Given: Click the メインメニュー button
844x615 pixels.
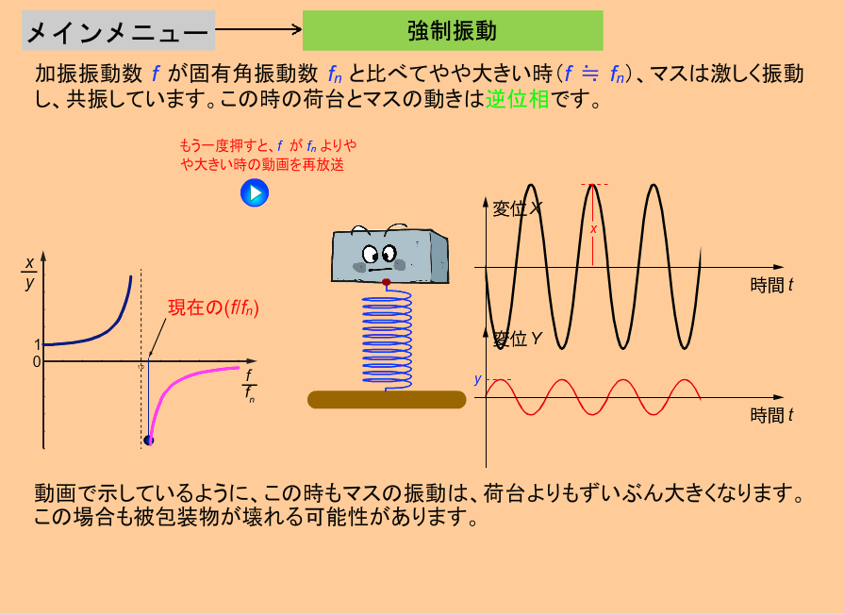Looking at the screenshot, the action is (x=118, y=31).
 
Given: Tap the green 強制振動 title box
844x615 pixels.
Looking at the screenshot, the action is (x=453, y=31).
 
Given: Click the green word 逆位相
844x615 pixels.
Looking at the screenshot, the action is (x=518, y=99).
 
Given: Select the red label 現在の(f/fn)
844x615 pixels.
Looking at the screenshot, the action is (x=213, y=307).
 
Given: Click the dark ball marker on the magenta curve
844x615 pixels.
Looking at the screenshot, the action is (x=149, y=440).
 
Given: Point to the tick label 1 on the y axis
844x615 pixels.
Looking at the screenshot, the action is (x=37, y=344).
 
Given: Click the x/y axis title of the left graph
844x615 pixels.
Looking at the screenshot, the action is (x=29, y=273).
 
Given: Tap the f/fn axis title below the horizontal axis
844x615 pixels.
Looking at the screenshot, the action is (x=249, y=386).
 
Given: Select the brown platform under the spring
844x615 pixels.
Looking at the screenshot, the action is (x=387, y=400).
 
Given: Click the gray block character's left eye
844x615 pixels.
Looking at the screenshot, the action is (x=370, y=253).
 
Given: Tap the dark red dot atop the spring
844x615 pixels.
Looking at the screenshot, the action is (x=386, y=282).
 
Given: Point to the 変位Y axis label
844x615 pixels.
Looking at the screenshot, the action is (x=517, y=339).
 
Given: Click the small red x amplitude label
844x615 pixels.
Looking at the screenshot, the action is (x=593, y=229).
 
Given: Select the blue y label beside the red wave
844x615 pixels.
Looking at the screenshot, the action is (x=477, y=379).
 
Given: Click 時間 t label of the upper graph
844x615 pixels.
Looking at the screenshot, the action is (x=771, y=285).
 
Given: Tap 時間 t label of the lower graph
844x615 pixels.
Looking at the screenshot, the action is (x=771, y=415).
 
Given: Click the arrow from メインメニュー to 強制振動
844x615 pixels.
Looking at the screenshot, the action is (x=258, y=29).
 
